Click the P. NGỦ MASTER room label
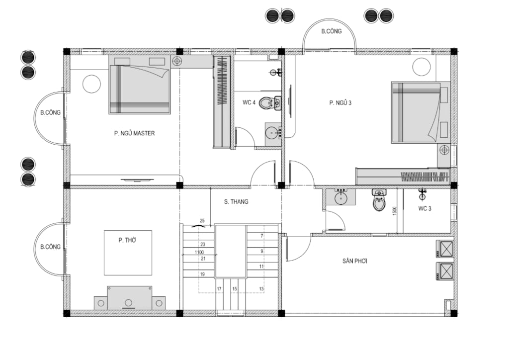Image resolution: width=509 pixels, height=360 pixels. (x=134, y=133)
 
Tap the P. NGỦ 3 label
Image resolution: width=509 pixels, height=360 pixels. (x=340, y=103)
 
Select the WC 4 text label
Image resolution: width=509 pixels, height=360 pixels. (x=249, y=102)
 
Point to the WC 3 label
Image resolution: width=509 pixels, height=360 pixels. (x=424, y=208)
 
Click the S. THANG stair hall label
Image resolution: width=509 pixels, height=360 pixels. (x=236, y=201)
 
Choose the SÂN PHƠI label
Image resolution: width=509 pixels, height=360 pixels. (x=355, y=261)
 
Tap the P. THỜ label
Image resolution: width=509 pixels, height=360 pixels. (x=127, y=240)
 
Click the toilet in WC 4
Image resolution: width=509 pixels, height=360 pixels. (x=267, y=103)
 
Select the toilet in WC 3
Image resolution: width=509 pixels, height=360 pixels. (x=379, y=200)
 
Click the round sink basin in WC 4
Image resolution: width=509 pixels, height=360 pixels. (x=271, y=132)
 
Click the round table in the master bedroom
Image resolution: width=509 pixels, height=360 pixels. (x=91, y=84)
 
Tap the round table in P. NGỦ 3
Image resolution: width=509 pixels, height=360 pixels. (x=422, y=66)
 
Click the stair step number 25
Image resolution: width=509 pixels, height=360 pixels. (x=202, y=221)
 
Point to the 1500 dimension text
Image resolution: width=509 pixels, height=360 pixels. (x=395, y=211)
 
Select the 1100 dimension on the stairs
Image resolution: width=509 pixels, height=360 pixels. (x=199, y=252)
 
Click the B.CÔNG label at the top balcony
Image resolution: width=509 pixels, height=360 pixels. (x=332, y=31)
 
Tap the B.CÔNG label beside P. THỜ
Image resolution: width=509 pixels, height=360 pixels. (x=50, y=247)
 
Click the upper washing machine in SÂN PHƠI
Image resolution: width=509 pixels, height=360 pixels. (x=444, y=249)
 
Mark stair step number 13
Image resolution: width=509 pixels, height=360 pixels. (x=261, y=289)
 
